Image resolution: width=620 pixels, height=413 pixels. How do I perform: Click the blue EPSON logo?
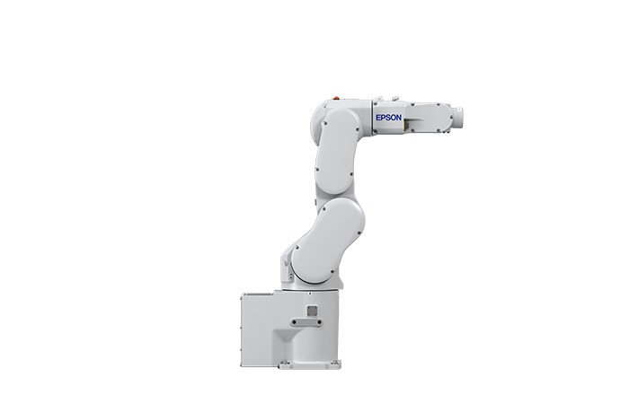389,118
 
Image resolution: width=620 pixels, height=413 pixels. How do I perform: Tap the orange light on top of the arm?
336,97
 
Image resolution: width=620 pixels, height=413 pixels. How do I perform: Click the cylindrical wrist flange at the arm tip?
458,118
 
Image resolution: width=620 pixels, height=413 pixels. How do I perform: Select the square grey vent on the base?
312,311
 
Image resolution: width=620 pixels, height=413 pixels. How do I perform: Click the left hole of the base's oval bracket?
294,323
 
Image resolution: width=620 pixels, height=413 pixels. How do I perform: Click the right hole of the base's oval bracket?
319,323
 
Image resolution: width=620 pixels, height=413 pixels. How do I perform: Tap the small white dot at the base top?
309,294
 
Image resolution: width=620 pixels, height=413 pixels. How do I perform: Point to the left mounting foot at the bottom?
286,365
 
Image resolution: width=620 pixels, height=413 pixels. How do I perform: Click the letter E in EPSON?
378,118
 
